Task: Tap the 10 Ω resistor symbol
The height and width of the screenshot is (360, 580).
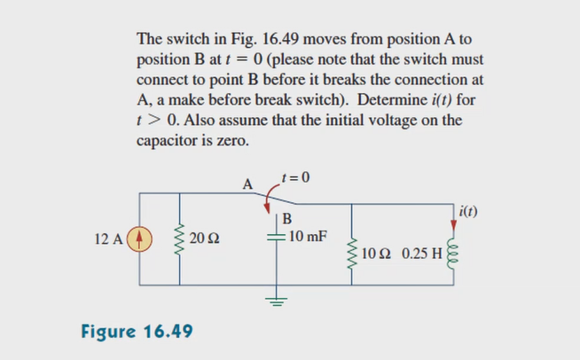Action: coord(354,252)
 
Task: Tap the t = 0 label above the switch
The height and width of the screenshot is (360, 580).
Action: coord(295,176)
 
